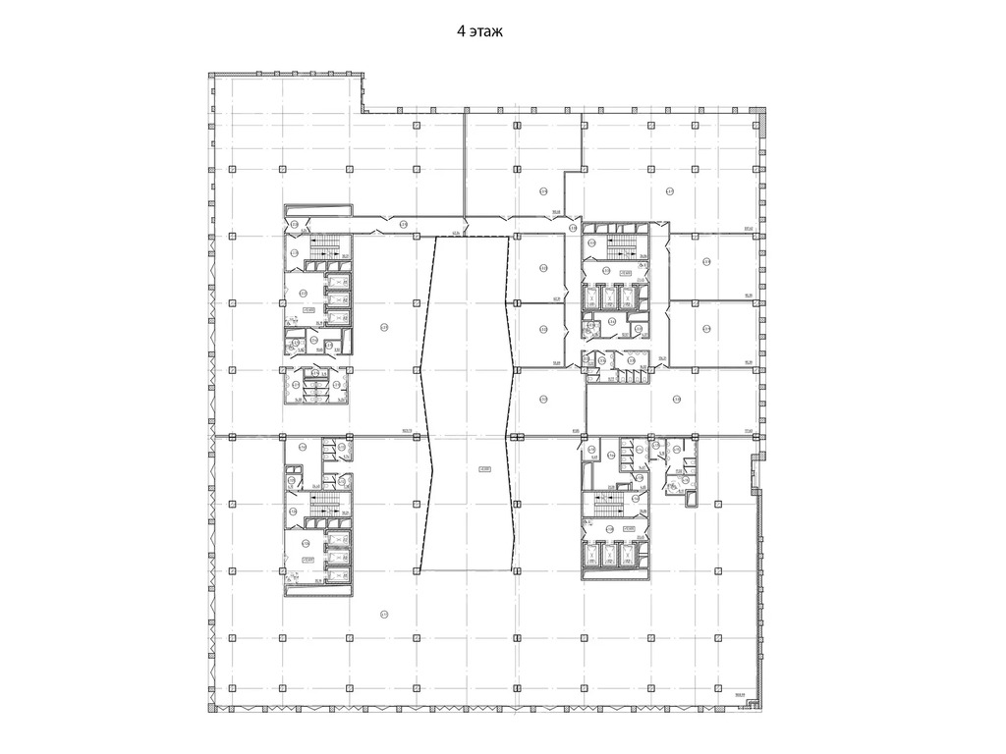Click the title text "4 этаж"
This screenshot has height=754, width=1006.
point(479,32)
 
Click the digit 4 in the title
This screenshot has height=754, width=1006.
point(461,32)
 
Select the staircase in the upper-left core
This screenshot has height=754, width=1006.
point(324,246)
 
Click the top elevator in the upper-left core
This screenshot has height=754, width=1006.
point(338,283)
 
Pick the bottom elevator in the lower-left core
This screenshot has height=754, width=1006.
point(338,574)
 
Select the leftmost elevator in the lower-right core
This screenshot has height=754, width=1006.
point(594,556)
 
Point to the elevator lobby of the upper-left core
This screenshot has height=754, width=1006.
point(304,293)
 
